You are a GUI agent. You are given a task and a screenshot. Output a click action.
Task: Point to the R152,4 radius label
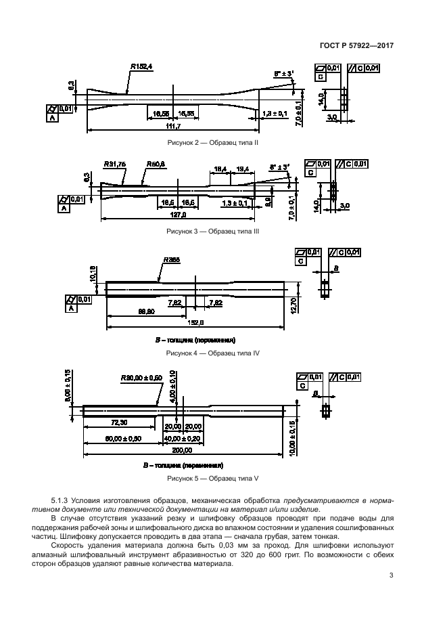click(141, 66)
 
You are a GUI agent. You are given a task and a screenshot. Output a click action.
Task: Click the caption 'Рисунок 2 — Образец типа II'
click(213, 143)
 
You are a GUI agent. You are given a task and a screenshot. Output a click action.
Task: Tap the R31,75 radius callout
click(116, 164)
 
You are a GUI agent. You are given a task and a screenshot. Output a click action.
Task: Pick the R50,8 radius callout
click(155, 164)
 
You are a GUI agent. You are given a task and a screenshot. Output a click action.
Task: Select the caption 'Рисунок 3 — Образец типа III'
click(213, 231)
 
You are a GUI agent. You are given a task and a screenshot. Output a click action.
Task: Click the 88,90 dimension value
click(146, 311)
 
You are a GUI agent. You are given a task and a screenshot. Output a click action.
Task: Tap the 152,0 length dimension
click(195, 323)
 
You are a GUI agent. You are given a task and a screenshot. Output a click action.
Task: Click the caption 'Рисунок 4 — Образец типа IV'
click(213, 353)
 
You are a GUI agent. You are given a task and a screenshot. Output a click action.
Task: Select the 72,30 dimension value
click(119, 422)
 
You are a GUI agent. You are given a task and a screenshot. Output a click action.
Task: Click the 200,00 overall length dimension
click(183, 450)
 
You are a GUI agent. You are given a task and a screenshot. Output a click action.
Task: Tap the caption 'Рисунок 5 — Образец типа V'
click(213, 479)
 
